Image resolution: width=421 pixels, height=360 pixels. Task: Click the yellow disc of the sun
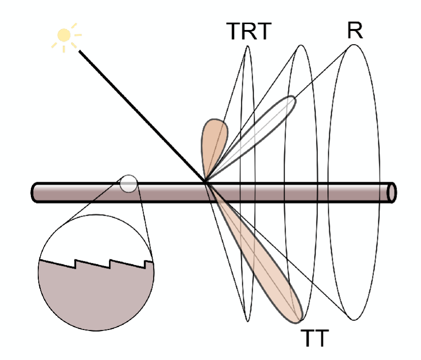tap(64, 35)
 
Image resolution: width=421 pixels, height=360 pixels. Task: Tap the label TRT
tap(249, 31)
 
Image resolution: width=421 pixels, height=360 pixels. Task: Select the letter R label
tap(355, 30)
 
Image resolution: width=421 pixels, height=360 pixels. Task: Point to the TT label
tap(315, 338)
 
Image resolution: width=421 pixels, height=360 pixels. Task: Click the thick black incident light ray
tap(142, 116)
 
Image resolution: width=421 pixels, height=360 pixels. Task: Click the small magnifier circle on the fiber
tap(129, 184)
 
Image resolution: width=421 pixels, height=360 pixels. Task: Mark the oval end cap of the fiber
tap(392, 193)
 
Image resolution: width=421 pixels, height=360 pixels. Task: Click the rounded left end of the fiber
tap(33, 193)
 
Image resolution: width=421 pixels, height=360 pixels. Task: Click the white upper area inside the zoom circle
tap(96, 239)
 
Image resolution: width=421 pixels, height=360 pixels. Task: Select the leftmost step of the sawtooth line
tap(75, 264)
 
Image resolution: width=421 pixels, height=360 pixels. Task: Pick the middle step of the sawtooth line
tap(110, 264)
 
